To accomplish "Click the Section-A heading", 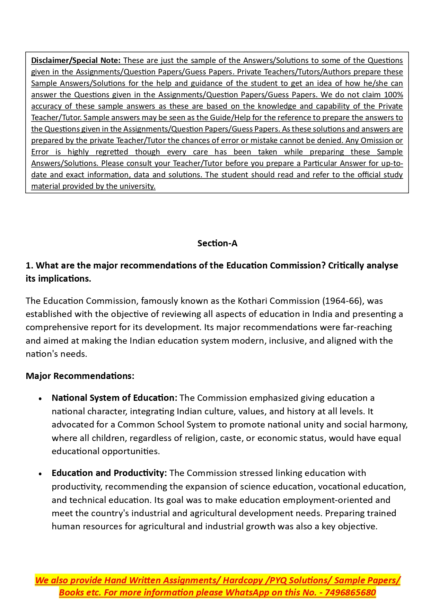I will pyautogui.click(x=217, y=244).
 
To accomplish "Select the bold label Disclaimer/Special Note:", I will pyautogui.click(x=76, y=61).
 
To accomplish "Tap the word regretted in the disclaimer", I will pyautogui.click(x=112, y=152).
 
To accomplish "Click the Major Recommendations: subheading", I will pyautogui.click(x=80, y=376).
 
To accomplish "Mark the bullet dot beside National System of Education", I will pyautogui.click(x=41, y=399).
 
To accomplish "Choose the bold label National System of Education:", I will pyautogui.click(x=114, y=398).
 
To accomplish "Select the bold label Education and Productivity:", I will pyautogui.click(x=109, y=473).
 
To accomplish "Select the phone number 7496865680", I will pyautogui.click(x=350, y=593).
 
